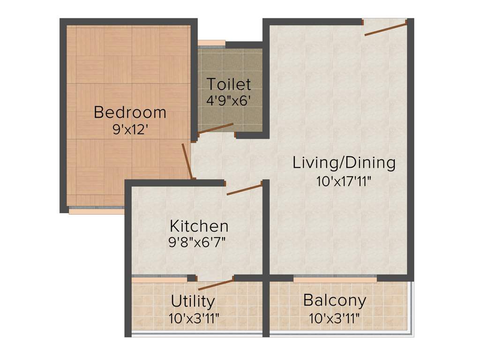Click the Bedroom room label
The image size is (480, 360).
(x=130, y=112)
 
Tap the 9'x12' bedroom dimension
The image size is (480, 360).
(x=130, y=129)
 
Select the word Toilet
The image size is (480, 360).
(x=229, y=84)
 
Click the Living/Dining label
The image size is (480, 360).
(x=344, y=163)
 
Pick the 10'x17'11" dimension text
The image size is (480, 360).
(x=344, y=181)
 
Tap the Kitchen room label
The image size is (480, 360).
(x=199, y=226)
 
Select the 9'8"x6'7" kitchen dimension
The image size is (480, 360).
(x=199, y=242)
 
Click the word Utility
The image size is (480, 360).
(x=193, y=300)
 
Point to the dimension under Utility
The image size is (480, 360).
(x=194, y=319)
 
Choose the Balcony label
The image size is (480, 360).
(x=335, y=300)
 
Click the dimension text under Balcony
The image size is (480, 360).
(x=335, y=319)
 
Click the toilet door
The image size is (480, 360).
(x=216, y=129)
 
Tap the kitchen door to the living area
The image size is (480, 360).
(x=244, y=189)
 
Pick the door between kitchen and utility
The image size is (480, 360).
(x=216, y=284)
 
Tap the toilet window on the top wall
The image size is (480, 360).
(x=211, y=45)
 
